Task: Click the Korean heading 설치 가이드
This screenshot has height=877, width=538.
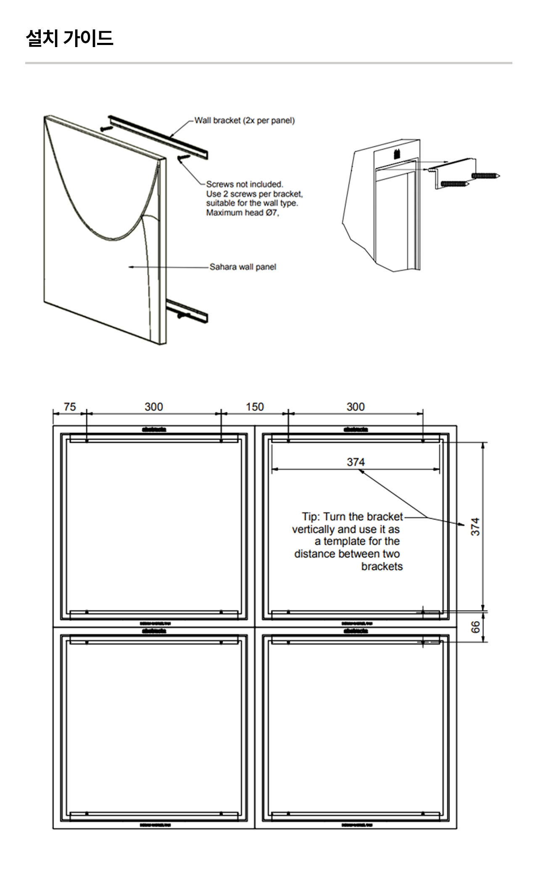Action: tap(69, 38)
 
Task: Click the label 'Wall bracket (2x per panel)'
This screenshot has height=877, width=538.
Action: tap(245, 121)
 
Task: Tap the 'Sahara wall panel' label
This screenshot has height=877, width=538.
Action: tap(243, 267)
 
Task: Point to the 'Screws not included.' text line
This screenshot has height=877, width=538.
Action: tap(245, 184)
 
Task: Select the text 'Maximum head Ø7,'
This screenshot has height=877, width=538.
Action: tap(243, 213)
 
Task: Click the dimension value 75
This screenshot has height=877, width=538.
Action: tap(70, 407)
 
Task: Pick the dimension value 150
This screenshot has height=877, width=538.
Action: tap(255, 407)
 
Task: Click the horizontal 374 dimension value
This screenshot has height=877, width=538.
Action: tap(356, 462)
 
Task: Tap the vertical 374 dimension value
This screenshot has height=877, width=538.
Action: tap(475, 526)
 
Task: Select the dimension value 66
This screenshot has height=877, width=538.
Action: tap(475, 627)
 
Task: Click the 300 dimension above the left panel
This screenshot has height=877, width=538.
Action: tap(154, 407)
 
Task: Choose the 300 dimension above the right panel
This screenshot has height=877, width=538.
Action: tap(356, 407)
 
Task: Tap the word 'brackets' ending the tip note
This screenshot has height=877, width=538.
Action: tap(382, 567)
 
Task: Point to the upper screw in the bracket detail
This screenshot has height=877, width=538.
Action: tap(486, 175)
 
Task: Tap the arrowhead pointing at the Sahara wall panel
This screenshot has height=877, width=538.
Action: tap(131, 267)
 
